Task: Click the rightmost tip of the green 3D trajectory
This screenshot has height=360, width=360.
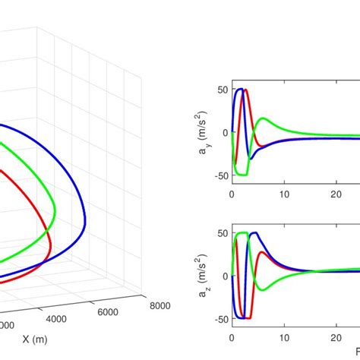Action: (x=55, y=204)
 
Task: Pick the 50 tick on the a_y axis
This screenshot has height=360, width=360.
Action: (x=223, y=90)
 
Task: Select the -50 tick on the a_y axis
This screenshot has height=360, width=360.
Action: (x=220, y=175)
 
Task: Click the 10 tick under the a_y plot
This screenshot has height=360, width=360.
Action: (x=284, y=193)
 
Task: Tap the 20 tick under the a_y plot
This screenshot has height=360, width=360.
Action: (x=336, y=193)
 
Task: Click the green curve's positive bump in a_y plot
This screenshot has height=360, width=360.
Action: (x=263, y=118)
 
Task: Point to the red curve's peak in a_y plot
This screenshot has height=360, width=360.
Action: (x=246, y=91)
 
